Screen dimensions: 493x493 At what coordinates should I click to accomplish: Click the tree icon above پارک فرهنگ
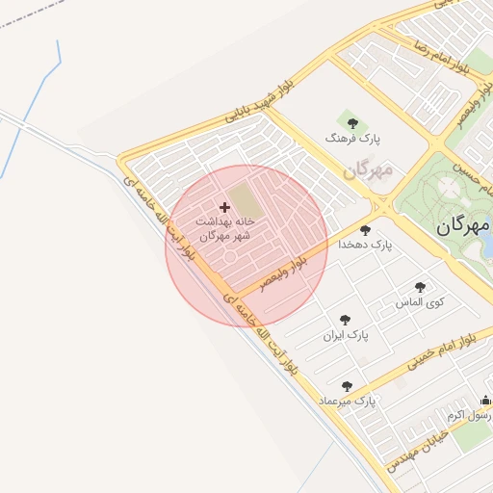coord(352,123)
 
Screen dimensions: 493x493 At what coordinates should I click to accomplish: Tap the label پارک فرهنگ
coord(352,140)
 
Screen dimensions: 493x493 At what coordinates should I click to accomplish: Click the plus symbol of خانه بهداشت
coord(225,207)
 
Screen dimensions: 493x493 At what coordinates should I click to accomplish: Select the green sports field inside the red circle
coord(245,202)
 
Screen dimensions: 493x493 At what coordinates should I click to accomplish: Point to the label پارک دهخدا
coord(366,246)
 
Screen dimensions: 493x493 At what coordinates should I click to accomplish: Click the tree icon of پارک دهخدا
coord(365,230)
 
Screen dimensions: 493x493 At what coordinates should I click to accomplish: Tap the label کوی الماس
coord(421,302)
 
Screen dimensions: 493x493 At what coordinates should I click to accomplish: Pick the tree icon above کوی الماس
coord(420,287)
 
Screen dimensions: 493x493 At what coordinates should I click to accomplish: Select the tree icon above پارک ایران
coord(346,320)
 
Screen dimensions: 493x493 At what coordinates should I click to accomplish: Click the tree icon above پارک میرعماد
coord(347,386)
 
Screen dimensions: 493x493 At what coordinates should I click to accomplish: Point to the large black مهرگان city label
coord(463,226)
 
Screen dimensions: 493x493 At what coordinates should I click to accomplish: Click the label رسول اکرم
coord(469,415)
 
